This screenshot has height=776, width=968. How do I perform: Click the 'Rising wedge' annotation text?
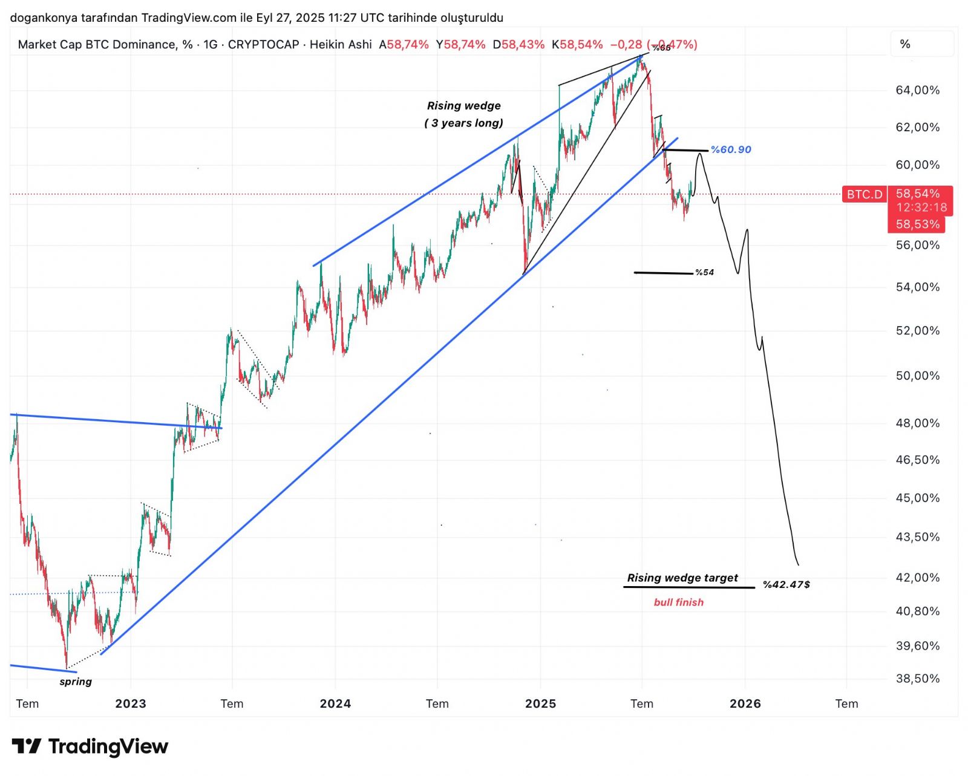point(463,106)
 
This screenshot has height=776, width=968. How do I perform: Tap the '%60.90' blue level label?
point(731,149)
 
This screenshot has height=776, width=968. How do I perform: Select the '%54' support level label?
point(704,272)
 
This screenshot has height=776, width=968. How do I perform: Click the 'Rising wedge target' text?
point(682,578)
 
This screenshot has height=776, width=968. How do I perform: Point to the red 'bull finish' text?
point(678,602)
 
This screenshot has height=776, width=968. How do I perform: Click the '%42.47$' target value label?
point(786,584)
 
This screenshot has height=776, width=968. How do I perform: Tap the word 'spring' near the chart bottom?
point(76,682)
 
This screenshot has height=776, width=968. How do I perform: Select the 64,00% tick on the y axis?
point(917,90)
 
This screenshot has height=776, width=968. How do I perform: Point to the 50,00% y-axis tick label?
point(917,376)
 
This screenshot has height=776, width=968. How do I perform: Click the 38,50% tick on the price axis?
point(917,679)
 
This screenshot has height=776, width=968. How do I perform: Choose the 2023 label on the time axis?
point(131,703)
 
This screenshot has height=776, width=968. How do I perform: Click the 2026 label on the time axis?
point(745,703)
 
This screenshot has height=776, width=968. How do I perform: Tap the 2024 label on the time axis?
point(335,703)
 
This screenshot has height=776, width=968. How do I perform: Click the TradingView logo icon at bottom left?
point(27,746)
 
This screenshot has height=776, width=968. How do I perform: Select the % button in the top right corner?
point(905,44)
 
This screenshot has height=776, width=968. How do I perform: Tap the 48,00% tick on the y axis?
point(917,423)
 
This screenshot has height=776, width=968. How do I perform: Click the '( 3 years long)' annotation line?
point(463,123)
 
